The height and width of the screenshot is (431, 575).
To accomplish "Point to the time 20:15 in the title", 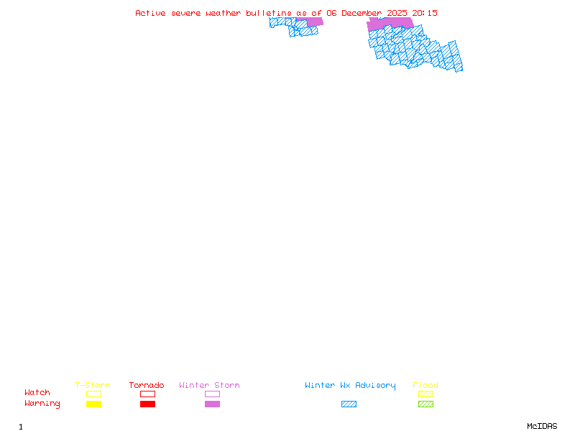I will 425,13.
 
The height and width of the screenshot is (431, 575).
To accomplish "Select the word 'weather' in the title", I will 225,13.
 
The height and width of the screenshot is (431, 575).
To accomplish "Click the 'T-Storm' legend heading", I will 93,386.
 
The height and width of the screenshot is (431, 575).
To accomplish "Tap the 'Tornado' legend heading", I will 147,386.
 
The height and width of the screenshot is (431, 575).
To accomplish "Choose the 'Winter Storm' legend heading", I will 209,386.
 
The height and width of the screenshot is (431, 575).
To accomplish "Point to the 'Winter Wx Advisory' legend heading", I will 350,386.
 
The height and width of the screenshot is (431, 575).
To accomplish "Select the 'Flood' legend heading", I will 425,386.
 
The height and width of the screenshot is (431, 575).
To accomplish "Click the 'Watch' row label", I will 37,393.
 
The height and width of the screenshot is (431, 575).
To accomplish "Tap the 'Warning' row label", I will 42,404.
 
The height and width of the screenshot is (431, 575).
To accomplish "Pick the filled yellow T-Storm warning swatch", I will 93,404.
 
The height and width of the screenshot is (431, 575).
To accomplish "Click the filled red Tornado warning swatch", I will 147,404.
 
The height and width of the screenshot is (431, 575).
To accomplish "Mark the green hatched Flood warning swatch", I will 425,404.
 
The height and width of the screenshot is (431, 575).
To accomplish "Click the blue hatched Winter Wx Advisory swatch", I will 349,404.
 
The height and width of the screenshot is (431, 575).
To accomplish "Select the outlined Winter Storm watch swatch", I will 212,394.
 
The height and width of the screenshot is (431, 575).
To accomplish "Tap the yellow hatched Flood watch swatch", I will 425,394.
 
